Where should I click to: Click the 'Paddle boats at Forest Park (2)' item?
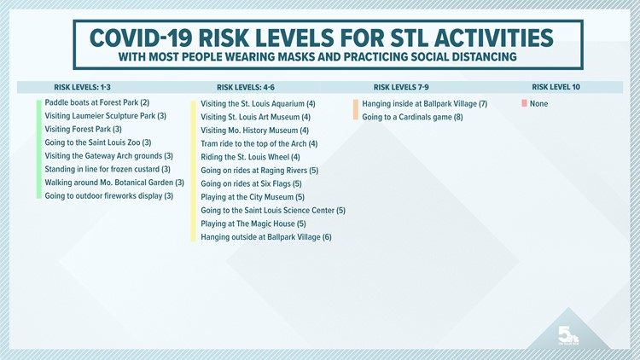coord(96,103)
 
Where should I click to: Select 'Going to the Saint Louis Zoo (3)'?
coord(97,142)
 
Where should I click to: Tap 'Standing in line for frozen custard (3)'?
coord(108,169)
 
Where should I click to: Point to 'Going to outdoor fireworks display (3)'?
coord(108,195)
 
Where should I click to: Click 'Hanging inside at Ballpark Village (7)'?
coord(424,104)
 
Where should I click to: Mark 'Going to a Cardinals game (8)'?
coord(412,117)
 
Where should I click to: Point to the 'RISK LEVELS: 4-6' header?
coord(246,86)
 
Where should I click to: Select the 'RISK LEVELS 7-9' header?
coord(403,86)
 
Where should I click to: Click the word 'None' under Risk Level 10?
coord(538,104)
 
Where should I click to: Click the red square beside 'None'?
coord(523,104)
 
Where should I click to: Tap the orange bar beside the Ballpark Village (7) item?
coord(355,110)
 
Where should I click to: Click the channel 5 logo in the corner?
coord(568,335)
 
